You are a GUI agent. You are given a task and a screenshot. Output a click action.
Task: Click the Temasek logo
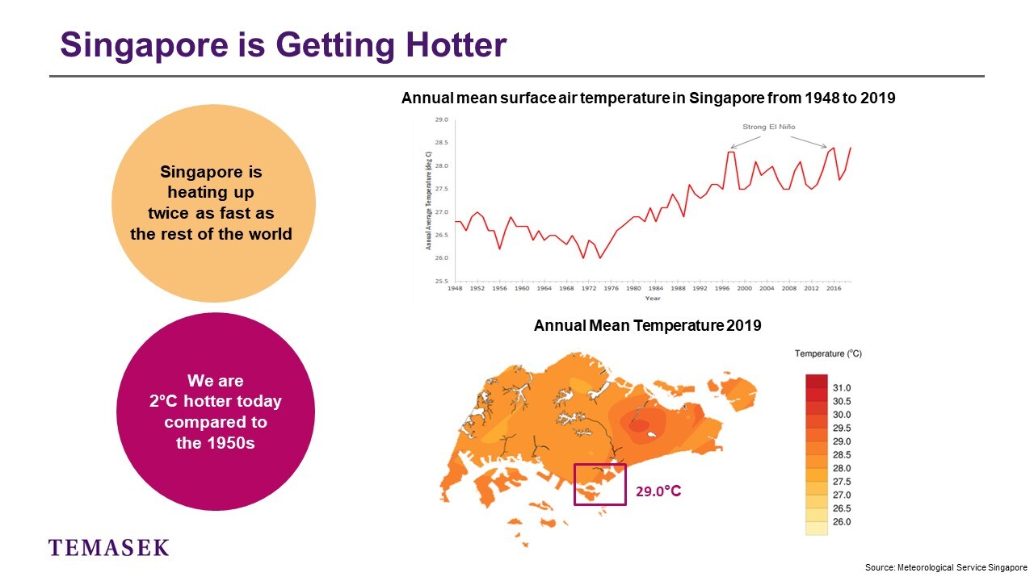click(109, 548)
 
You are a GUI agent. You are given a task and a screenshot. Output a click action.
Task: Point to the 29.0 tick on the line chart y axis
click(441, 120)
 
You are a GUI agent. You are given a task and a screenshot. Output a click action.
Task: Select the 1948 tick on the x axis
click(455, 288)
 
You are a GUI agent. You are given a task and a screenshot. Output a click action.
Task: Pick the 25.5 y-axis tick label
click(441, 282)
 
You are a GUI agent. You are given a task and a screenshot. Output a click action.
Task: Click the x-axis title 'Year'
click(652, 299)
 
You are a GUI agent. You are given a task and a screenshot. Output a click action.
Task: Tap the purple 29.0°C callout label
click(658, 490)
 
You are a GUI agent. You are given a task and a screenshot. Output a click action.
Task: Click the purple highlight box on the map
click(599, 484)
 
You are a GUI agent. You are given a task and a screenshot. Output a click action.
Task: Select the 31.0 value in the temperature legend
click(842, 388)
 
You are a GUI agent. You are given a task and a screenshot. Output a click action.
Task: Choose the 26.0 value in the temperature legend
click(842, 522)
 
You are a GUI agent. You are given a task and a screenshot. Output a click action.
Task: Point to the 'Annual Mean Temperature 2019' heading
click(647, 326)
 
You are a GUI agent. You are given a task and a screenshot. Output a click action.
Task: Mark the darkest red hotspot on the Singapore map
click(638, 425)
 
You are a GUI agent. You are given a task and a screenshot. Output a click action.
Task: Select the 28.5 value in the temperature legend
click(842, 455)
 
